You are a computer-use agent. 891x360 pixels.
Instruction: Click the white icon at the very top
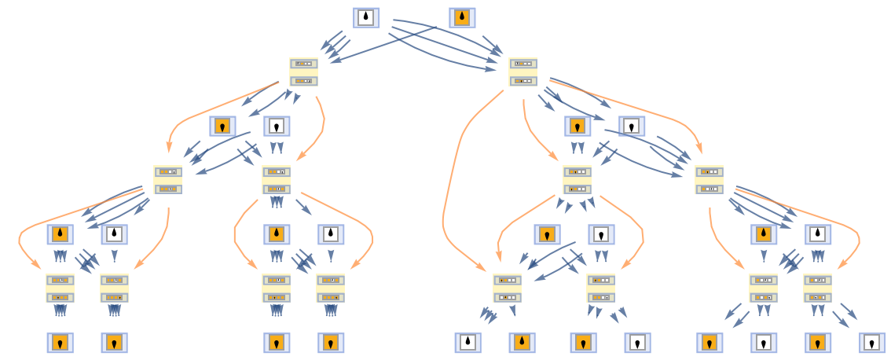pyautogui.click(x=366, y=17)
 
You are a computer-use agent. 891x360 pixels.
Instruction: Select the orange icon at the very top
pyautogui.click(x=462, y=17)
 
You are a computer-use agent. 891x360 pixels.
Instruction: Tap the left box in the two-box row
pyautogui.click(x=303, y=72)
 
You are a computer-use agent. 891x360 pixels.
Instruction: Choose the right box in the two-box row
pyautogui.click(x=522, y=72)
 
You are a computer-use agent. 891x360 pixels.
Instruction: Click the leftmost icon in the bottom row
pyautogui.click(x=60, y=343)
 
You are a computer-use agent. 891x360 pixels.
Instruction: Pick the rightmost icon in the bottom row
pyautogui.click(x=872, y=343)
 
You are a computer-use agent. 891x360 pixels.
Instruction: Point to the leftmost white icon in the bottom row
pyautogui.click(x=467, y=343)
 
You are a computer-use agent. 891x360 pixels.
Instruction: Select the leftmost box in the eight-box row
pyautogui.click(x=60, y=288)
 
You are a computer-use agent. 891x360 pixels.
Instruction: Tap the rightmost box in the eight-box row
pyautogui.click(x=817, y=288)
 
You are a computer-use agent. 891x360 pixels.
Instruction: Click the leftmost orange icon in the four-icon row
pyautogui.click(x=222, y=126)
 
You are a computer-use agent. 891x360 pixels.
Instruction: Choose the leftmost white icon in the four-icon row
pyautogui.click(x=277, y=126)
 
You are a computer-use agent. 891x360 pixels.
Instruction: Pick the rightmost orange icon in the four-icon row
pyautogui.click(x=577, y=126)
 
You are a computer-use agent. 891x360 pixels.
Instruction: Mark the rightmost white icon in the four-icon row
pyautogui.click(x=632, y=126)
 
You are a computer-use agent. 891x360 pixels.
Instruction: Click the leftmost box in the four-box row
pyautogui.click(x=167, y=179)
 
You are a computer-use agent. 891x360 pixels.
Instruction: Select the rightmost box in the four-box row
pyautogui.click(x=709, y=179)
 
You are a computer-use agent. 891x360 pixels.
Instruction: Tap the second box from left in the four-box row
pyautogui.click(x=276, y=179)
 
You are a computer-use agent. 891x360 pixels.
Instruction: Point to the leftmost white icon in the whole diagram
pyautogui.click(x=114, y=234)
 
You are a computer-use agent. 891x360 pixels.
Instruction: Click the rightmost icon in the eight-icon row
pyautogui.click(x=818, y=234)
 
